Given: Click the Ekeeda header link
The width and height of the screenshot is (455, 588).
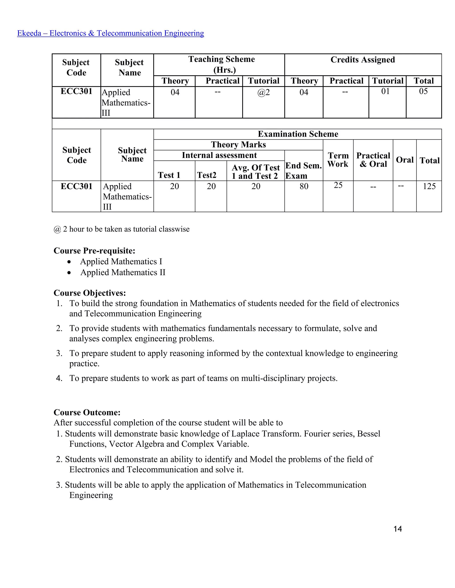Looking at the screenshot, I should point(110,33).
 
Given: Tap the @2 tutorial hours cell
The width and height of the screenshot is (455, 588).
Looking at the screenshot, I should point(263,92).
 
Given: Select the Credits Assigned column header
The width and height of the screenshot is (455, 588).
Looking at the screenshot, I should point(363,60).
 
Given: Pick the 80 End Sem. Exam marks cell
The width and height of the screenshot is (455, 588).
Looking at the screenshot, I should point(304,186).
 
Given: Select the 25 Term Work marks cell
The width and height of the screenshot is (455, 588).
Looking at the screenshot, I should point(338,185).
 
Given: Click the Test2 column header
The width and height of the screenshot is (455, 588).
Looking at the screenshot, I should point(207,175).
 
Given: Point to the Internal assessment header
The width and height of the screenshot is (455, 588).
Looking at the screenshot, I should point(219,155).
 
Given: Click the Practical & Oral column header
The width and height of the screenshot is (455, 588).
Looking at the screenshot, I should point(373,160).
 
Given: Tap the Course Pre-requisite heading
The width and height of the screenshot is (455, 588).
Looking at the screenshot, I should point(94,251).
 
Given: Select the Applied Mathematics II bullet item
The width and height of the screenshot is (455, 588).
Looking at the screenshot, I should point(123,272).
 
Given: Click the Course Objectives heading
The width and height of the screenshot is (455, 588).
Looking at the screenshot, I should point(90,293).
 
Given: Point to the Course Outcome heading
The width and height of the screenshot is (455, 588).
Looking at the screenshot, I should point(87,412).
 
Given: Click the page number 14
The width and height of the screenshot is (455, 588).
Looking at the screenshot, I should point(398,529).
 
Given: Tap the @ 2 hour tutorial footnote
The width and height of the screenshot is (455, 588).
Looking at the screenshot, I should point(122,229).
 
